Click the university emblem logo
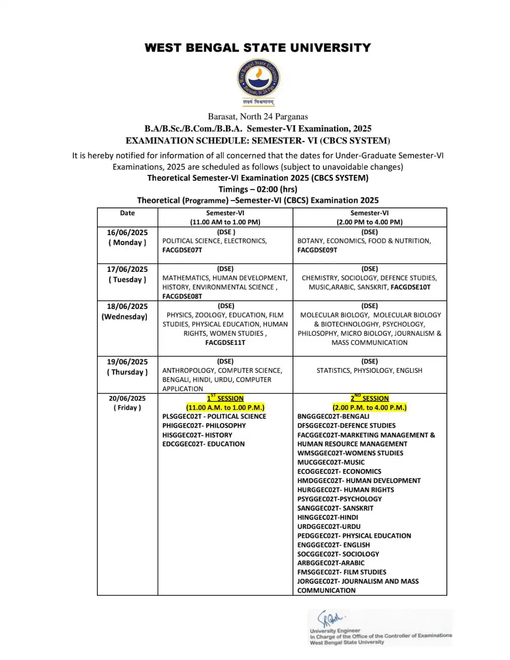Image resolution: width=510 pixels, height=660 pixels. coord(258,78)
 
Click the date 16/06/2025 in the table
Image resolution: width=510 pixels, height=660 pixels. coord(127,232)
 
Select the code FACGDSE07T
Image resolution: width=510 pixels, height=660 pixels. coord(182,250)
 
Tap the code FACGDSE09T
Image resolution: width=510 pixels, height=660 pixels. coord(317,250)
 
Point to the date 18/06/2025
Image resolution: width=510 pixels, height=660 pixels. coord(127,306)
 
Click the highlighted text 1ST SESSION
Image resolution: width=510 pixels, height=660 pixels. coord(225,398)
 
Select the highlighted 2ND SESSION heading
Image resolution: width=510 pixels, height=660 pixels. coord(370,398)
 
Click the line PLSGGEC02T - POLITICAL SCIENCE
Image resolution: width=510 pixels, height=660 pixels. coord(214,416)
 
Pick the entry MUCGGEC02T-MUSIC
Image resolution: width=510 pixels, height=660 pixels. coord(331,462)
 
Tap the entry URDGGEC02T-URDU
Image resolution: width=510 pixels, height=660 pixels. coord(329,526)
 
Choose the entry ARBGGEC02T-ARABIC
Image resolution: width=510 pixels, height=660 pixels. coord(331,563)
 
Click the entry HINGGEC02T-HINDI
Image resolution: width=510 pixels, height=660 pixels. coord(328,517)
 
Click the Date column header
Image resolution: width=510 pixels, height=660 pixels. coord(127,213)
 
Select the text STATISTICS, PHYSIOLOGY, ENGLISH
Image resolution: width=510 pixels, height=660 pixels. coord(369,370)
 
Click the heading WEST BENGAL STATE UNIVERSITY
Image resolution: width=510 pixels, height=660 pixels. coord(258,48)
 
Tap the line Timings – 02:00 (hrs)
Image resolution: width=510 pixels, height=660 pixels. coord(258,189)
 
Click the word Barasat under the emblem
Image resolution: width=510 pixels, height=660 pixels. coord(222,117)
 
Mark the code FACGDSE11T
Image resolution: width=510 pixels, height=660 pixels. coord(225,342)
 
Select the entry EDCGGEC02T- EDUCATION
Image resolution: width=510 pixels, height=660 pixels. coord(203,444)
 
